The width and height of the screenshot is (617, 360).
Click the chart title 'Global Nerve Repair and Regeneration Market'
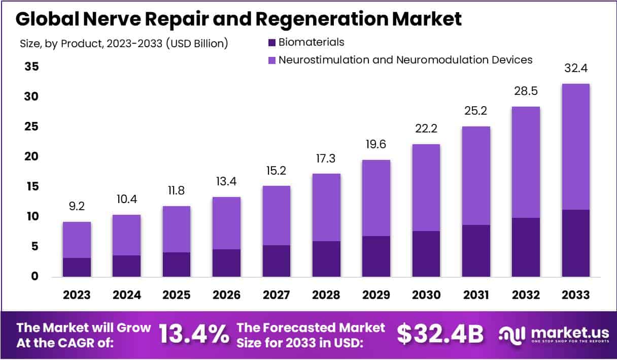(x=238, y=19)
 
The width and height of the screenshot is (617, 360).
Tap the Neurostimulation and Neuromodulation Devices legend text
(x=405, y=60)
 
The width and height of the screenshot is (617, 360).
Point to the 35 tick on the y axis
(x=31, y=67)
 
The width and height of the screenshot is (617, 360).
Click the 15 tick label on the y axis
(x=31, y=187)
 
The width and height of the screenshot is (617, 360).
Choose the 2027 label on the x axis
(x=276, y=294)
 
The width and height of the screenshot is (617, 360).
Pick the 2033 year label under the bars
(x=575, y=294)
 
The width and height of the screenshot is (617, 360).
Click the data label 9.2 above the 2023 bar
(x=77, y=207)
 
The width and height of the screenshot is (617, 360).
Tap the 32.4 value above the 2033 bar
(x=575, y=69)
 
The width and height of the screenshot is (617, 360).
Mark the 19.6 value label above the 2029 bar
(x=376, y=145)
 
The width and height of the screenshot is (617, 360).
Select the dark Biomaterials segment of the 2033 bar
(x=576, y=243)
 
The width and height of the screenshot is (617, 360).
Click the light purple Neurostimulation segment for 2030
(x=426, y=187)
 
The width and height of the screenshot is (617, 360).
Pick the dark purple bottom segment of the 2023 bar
(x=77, y=267)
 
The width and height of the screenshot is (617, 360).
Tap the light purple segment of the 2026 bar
(x=226, y=223)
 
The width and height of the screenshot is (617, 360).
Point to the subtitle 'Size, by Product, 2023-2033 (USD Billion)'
(x=124, y=44)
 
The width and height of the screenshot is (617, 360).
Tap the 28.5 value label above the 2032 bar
(x=526, y=91)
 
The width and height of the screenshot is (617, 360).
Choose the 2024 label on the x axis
(x=126, y=294)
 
